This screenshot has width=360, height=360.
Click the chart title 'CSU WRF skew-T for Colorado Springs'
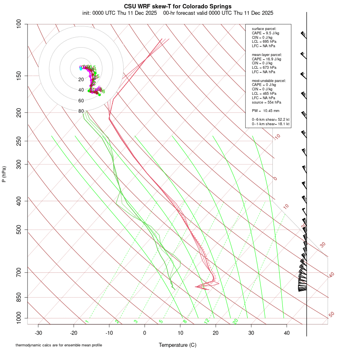(178, 6)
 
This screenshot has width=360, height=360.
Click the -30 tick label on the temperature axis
(38, 333)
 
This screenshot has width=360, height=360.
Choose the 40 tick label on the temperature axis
(287, 333)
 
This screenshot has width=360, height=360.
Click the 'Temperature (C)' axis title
(178, 345)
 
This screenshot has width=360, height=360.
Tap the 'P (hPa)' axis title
(4, 174)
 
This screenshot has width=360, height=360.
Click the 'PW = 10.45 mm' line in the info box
(266, 110)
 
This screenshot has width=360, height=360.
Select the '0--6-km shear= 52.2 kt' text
(271, 120)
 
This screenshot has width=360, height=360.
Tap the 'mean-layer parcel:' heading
(267, 54)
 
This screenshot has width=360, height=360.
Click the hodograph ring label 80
(81, 111)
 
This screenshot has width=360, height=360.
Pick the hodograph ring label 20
(81, 80)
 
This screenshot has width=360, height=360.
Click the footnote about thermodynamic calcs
(59, 345)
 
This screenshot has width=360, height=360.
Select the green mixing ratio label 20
(236, 321)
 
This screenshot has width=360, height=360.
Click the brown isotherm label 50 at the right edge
(331, 315)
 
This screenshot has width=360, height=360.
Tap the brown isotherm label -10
(277, 137)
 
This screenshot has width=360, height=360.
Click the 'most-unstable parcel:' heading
(269, 80)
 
